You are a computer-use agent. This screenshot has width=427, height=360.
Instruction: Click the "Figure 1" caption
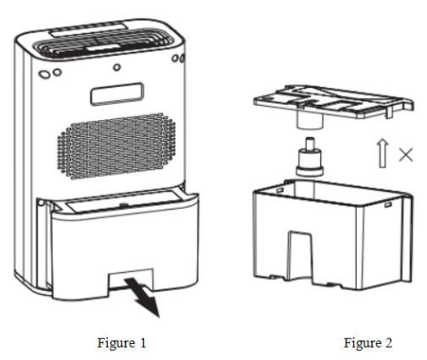pyautogui.click(x=122, y=343)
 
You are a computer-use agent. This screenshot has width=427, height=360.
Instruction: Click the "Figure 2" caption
pyautogui.click(x=367, y=343)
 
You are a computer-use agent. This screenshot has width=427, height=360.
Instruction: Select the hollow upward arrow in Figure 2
pyautogui.click(x=383, y=153)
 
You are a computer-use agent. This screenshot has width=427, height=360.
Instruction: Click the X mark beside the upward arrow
pyautogui.click(x=406, y=155)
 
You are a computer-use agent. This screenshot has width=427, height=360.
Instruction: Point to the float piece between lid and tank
pyautogui.click(x=310, y=157)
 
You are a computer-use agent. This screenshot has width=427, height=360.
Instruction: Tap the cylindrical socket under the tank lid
pyautogui.click(x=310, y=121)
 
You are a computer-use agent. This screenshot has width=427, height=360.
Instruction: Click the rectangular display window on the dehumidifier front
pyautogui.click(x=117, y=93)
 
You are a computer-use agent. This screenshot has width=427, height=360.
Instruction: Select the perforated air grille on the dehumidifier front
pyautogui.click(x=117, y=146)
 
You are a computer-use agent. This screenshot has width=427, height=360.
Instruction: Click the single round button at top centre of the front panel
pyautogui.click(x=117, y=68)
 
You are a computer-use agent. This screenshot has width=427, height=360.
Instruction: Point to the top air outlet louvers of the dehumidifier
pyautogui.click(x=102, y=44)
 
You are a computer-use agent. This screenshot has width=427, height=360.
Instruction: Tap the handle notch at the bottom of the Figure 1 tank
pyautogui.click(x=131, y=280)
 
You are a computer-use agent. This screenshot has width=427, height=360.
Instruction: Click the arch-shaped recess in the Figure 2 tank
pyautogui.click(x=300, y=255)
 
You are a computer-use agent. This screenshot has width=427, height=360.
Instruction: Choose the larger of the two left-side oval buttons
pyautogui.click(x=44, y=74)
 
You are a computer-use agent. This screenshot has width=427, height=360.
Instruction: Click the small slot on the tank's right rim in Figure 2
pyautogui.click(x=388, y=204)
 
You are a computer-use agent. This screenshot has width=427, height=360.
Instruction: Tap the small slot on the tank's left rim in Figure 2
pyautogui.click(x=279, y=190)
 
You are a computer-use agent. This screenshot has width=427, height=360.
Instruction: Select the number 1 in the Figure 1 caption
pyautogui.click(x=143, y=343)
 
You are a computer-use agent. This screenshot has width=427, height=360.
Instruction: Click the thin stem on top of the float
pyautogui.click(x=310, y=142)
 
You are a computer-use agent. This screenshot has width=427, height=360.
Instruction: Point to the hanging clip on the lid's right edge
pyautogui.click(x=389, y=112)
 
